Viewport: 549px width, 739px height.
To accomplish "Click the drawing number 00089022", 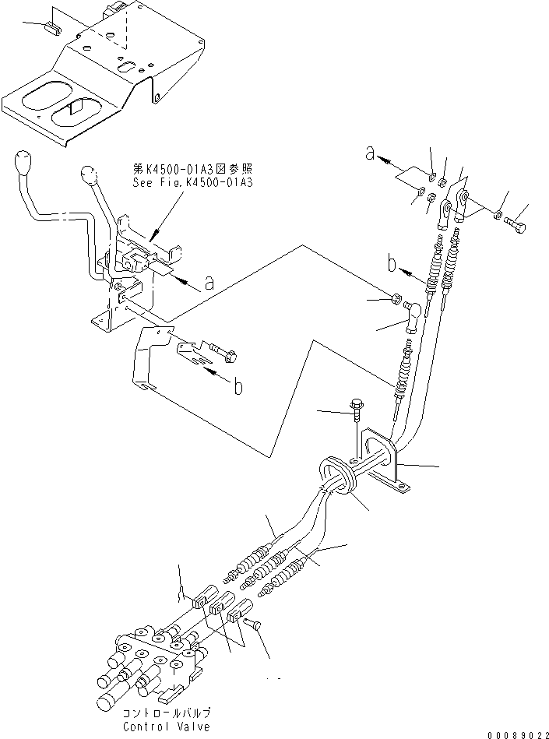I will [x=516, y=732].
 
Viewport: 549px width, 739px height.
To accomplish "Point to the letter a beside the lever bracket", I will [x=209, y=284].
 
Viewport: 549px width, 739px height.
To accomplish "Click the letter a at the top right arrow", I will [x=371, y=156].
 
